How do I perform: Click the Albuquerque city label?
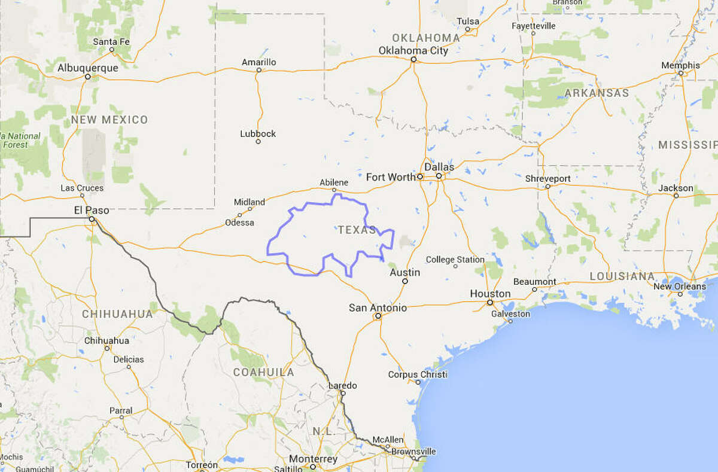coord(88,68)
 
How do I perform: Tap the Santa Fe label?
coord(111,41)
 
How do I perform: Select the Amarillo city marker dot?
coord(259,70)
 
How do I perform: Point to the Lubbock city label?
coord(258,133)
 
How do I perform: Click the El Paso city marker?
coord(92,220)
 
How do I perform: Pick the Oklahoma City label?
coord(413,51)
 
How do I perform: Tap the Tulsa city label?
coord(468,22)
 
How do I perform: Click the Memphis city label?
coord(680,65)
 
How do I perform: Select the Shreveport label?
coord(547,178)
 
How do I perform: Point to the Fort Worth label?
coord(390,176)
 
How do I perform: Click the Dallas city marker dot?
coord(439,176)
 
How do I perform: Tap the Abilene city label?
coord(333,182)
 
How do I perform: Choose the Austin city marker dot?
coord(405,281)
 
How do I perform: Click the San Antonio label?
coord(378,307)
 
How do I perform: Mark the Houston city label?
coord(490,293)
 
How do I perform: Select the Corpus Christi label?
coord(418,374)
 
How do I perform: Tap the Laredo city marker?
coord(343,393)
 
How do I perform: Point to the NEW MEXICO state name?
coord(109,120)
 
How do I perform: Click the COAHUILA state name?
coord(263,372)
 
